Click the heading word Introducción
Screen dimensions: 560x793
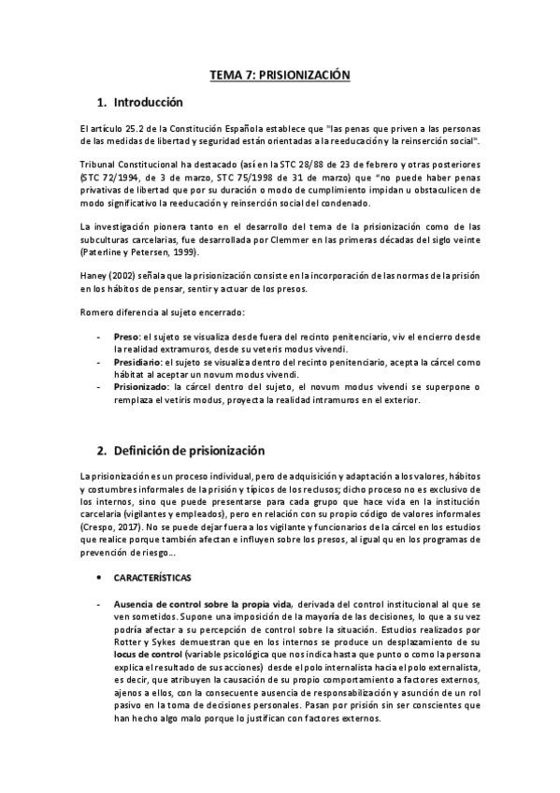(149, 102)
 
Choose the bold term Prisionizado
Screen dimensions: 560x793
(139, 386)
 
